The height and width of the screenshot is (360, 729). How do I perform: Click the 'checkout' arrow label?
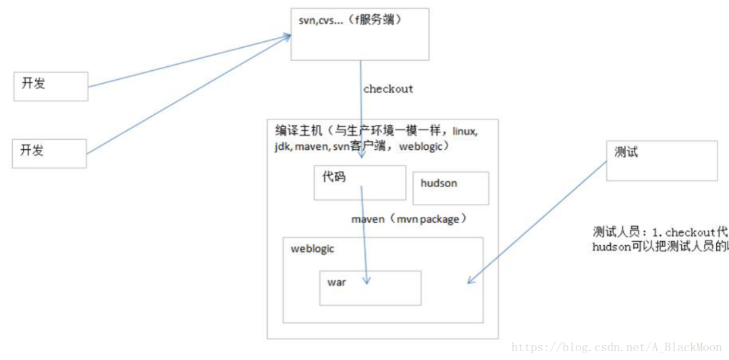coord(388,89)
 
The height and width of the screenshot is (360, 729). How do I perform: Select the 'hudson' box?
coord(451,188)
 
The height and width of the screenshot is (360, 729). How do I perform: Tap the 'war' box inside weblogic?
coord(371,288)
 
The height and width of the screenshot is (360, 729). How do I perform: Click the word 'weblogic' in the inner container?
coord(312,249)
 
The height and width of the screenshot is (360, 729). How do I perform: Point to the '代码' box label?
coord(334,176)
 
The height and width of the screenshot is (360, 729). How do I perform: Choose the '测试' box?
coord(661,160)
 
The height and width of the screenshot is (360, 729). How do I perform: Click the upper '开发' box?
coord(51,86)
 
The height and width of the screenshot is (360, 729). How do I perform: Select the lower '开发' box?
coord(50,153)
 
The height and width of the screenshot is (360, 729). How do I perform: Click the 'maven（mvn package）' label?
coord(409,220)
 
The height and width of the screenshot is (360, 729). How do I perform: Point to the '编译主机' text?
coord(296,130)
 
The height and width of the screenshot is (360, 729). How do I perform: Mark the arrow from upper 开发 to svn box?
coord(189,61)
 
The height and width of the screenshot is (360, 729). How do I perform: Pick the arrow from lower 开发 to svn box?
coord(189,95)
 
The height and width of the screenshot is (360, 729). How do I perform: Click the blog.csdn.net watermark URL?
coord(616,347)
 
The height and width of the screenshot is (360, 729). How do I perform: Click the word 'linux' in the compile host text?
coord(464,131)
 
